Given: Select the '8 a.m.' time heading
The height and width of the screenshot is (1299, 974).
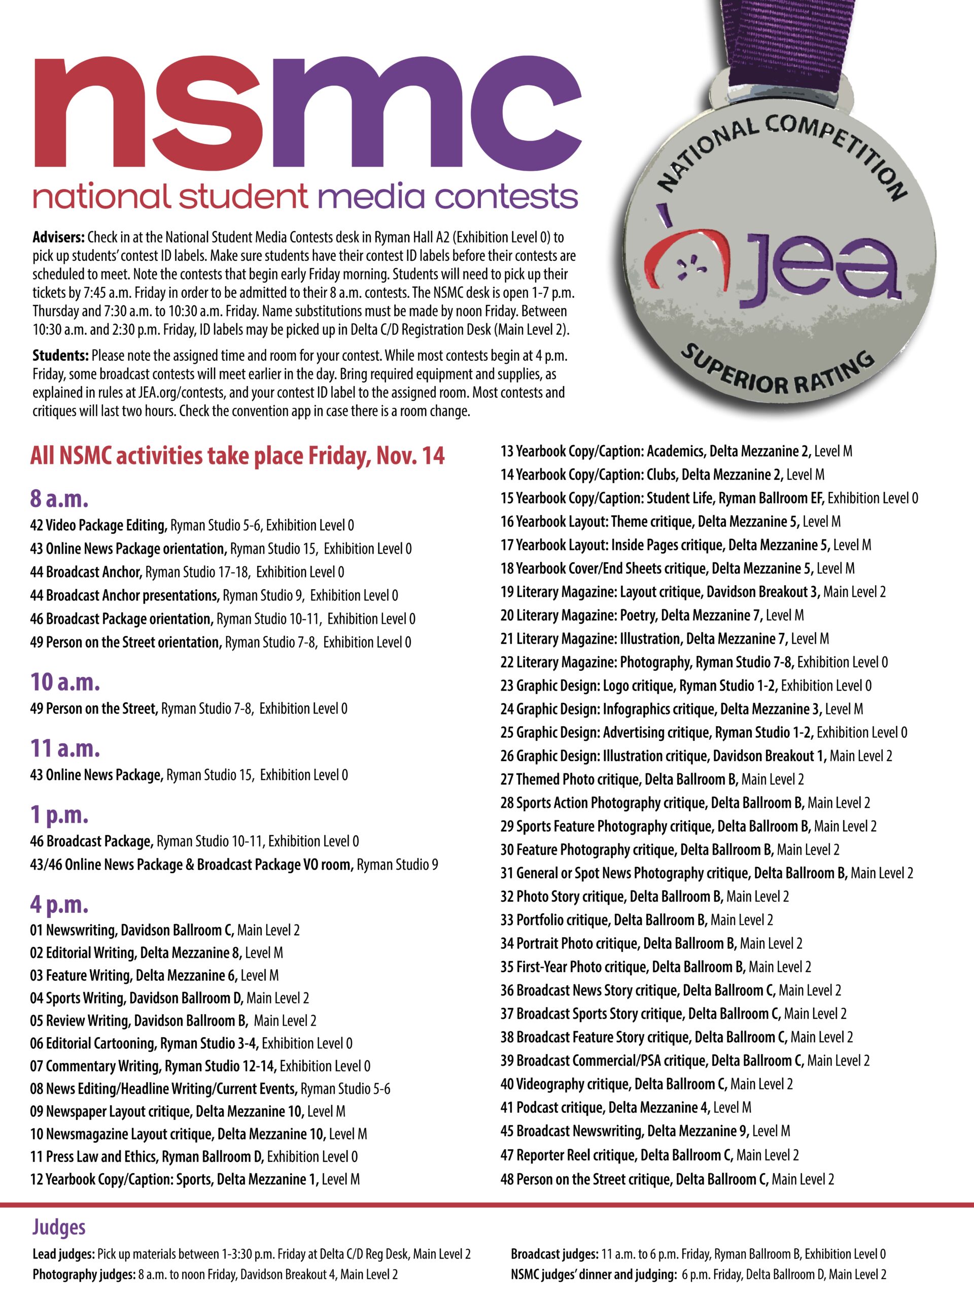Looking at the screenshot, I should click(59, 499).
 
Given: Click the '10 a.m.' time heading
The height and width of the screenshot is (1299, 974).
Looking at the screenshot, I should click(65, 682).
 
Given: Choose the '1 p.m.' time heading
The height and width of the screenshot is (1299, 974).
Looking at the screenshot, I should click(59, 814).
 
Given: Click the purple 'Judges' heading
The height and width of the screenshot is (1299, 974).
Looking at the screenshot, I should click(59, 1227).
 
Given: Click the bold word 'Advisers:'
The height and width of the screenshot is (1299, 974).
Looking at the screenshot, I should click(59, 237).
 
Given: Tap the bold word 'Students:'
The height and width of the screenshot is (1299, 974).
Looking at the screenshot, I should click(60, 355).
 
